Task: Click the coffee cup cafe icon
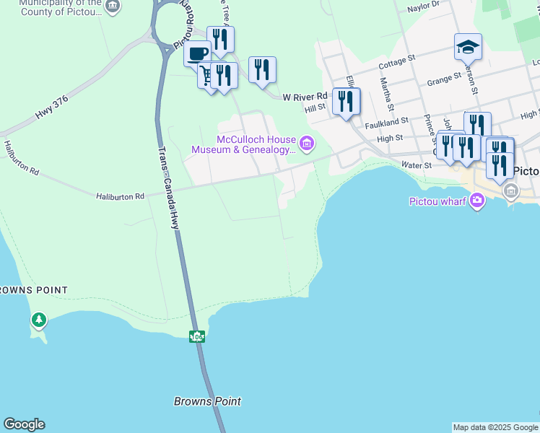pos(197,53)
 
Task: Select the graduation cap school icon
pos(468,47)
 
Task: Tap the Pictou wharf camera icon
pos(476,200)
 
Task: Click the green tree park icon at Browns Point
pos(38,319)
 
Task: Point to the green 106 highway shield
pos(197,336)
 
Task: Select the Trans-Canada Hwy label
pos(170,187)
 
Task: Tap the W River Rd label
pos(305,96)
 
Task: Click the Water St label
pos(416,165)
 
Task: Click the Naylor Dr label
pos(423,6)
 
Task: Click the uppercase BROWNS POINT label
pos(34,290)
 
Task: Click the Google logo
pos(24,424)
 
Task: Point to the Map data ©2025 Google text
pos(495,427)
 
